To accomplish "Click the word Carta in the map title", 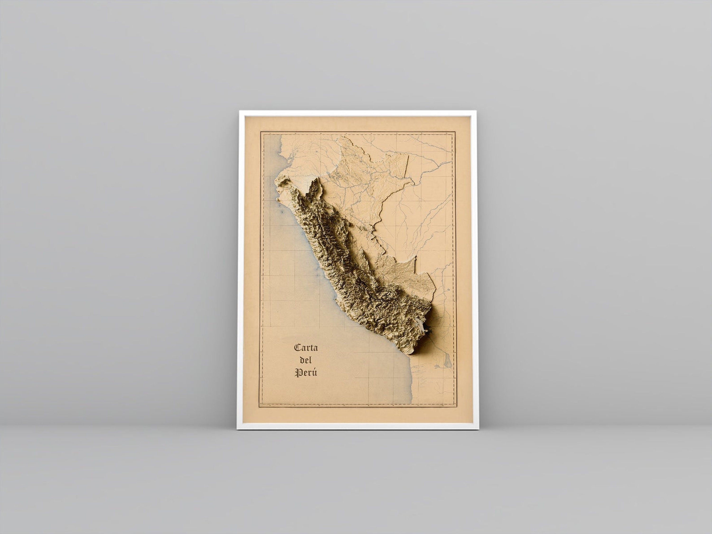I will click(x=306, y=348).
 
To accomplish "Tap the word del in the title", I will click(x=305, y=360).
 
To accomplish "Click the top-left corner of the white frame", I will click(x=240, y=111).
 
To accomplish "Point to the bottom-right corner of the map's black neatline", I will click(x=455, y=407).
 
